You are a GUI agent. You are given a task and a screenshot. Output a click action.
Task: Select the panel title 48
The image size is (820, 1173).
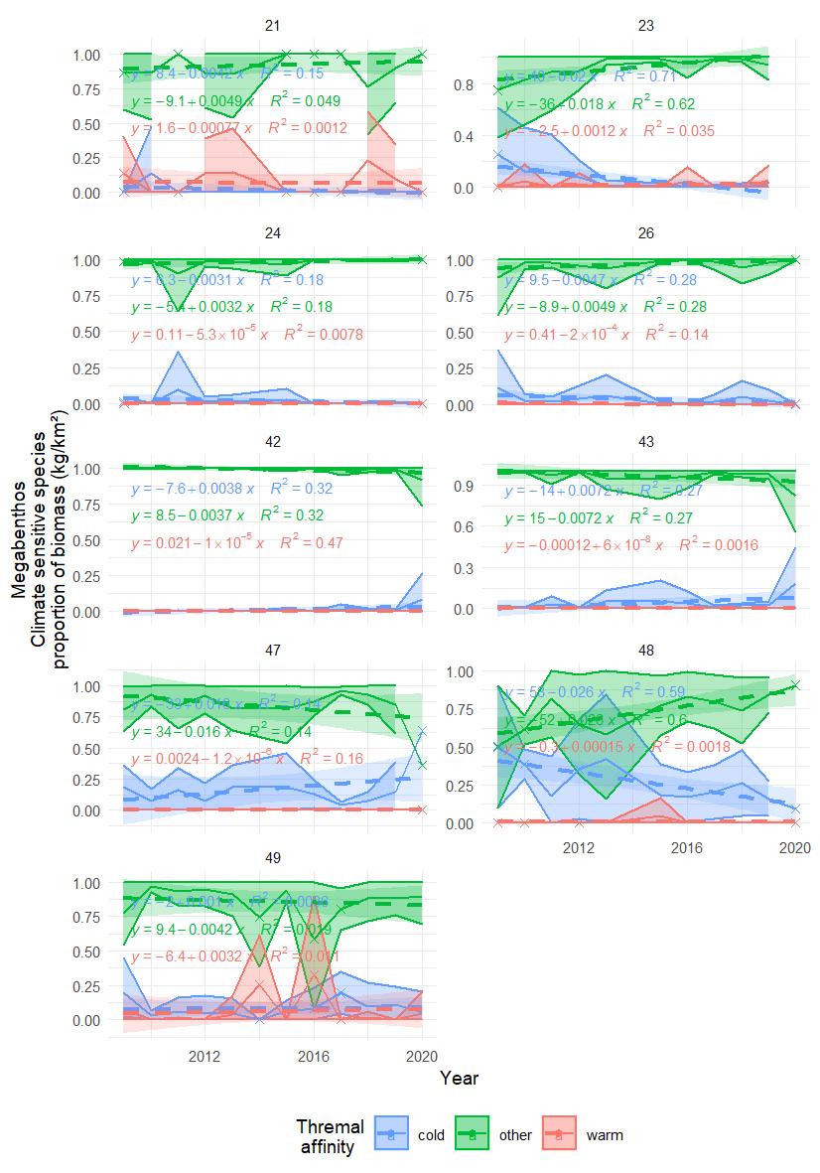click(x=646, y=651)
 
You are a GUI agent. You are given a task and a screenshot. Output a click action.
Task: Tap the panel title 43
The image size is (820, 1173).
click(x=646, y=442)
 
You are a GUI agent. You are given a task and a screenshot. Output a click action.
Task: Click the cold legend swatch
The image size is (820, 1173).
click(x=391, y=1134)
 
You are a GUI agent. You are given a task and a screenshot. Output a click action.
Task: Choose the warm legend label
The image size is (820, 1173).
click(x=605, y=1135)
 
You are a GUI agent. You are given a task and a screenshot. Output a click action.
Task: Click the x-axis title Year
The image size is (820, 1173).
click(x=460, y=1077)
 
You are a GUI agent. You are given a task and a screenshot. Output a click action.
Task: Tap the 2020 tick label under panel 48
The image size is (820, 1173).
click(x=793, y=848)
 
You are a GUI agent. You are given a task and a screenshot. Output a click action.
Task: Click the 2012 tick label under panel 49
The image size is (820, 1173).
click(x=204, y=1055)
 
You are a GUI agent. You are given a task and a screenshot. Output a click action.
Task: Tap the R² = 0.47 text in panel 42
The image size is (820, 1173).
click(x=311, y=543)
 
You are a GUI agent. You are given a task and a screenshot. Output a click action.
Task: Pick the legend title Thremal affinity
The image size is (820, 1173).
click(x=331, y=1135)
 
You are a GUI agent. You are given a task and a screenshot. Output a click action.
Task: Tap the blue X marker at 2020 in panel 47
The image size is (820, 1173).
click(x=422, y=732)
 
